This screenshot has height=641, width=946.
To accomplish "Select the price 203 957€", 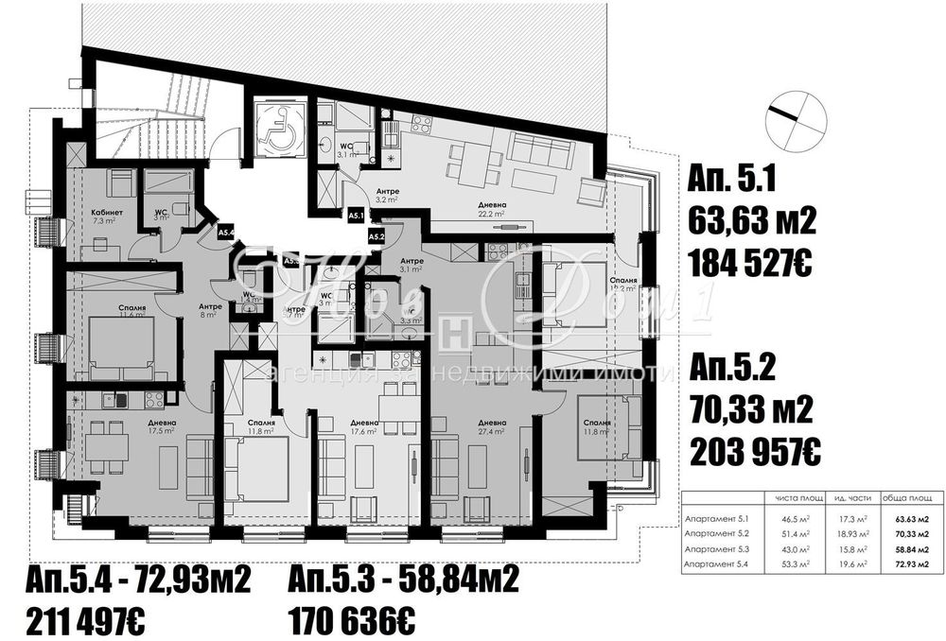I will [x=754, y=452].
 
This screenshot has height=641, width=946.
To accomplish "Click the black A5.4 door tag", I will [x=226, y=231].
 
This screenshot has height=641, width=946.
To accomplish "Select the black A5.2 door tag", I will [x=377, y=235].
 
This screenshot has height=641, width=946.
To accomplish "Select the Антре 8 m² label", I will [x=209, y=309].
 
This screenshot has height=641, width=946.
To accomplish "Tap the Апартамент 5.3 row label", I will [x=716, y=549].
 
